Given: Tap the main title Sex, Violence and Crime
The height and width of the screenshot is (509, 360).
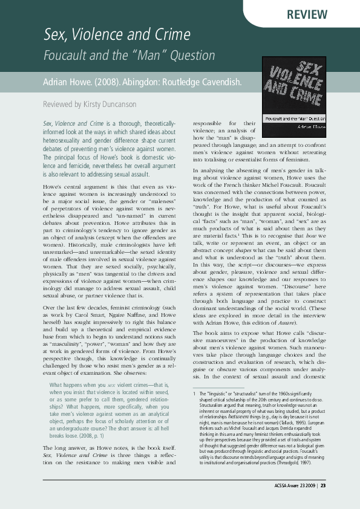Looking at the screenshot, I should click(x=116, y=34).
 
